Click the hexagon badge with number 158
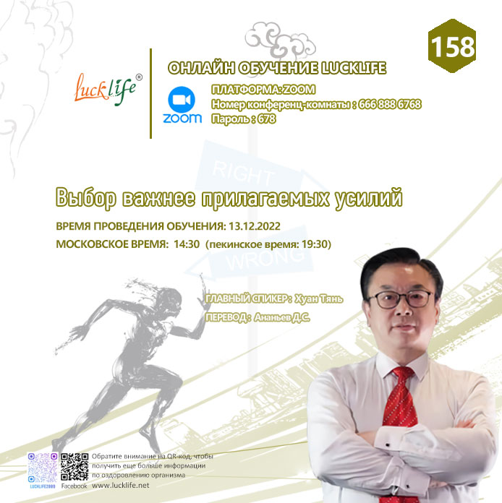tap(452, 46)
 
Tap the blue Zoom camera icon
tap(182, 100)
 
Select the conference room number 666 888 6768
tap(390, 104)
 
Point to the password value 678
tap(267, 119)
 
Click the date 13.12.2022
tap(255, 226)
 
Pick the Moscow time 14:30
tap(187, 244)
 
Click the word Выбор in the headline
tap(86, 198)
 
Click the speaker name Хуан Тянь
tap(318, 299)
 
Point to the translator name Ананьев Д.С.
tap(281, 317)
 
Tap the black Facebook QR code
tap(75, 467)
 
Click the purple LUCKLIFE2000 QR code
tap(43, 468)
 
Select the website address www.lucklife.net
tap(121, 486)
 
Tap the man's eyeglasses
tap(401, 298)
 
